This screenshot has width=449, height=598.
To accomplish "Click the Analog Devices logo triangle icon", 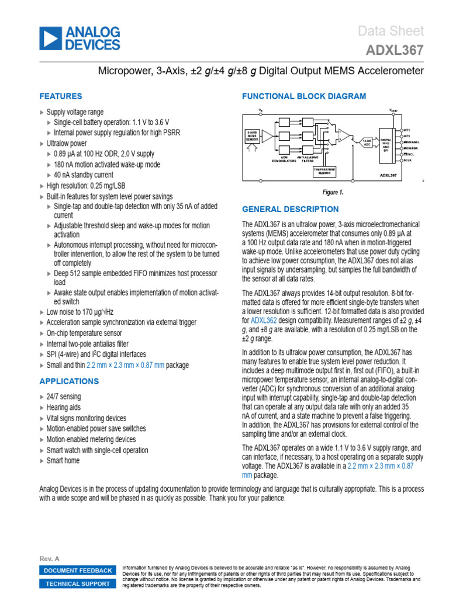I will tap(50, 39).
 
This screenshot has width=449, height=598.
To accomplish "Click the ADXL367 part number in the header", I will tap(395, 51).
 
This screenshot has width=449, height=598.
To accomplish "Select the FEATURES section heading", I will tap(60, 96).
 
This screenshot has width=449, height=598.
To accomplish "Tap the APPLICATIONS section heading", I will tap(68, 381).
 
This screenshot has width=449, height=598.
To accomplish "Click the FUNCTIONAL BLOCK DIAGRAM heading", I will tap(304, 96).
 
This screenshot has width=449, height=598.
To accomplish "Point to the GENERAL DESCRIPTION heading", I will tap(290, 209).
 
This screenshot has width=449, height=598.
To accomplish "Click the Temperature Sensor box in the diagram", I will tap(324, 171).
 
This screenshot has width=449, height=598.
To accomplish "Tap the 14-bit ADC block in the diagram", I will tap(366, 142).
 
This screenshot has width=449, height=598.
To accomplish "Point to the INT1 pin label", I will tap(407, 129).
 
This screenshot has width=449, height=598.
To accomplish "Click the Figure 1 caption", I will tap(333, 192).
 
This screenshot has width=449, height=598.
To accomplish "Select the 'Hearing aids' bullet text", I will tap(64, 408).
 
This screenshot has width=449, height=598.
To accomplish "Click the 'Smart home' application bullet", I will tap(63, 460).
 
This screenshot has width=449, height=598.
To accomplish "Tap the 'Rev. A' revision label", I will tap(49, 558).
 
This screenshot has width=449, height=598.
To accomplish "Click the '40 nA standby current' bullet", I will tap(84, 175).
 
